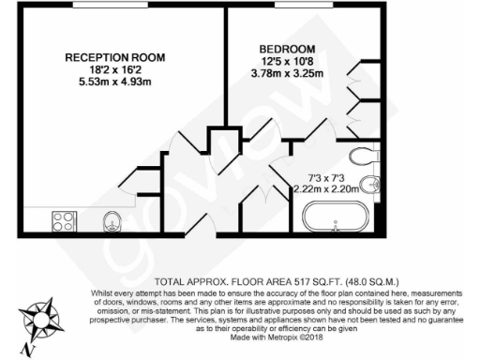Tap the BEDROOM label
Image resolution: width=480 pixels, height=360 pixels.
coord(287,49)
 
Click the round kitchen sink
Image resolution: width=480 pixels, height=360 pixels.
coord(112,221)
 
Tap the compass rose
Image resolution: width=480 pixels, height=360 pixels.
coord(39,319)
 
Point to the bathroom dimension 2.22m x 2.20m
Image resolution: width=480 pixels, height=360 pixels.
coord(325,187)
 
